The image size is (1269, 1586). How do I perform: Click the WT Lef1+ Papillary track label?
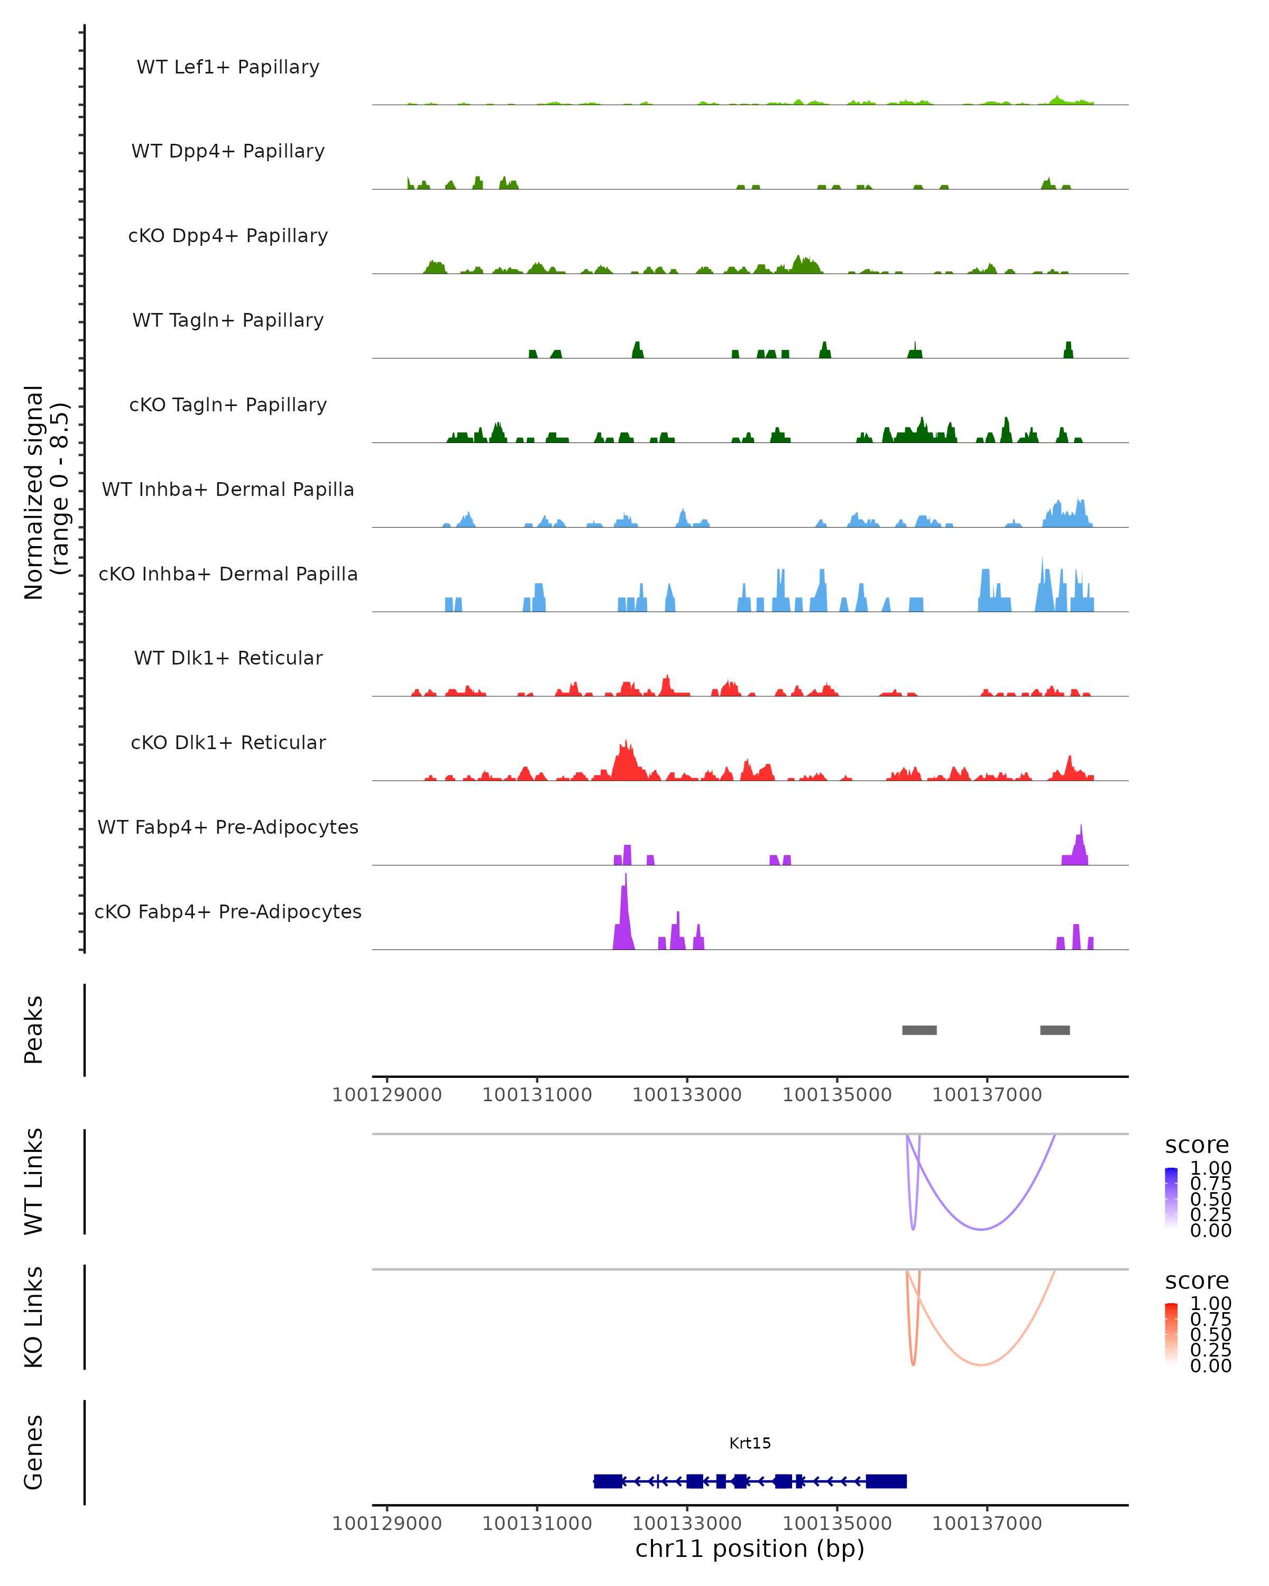pos(228,67)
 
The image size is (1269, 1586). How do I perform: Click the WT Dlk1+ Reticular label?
pos(228,658)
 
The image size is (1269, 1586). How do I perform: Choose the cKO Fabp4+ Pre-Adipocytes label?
pos(228,911)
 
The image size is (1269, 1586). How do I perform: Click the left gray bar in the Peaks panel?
pos(919,1030)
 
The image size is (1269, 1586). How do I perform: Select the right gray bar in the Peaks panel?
pos(1055,1030)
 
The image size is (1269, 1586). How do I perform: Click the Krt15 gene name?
pos(750,1443)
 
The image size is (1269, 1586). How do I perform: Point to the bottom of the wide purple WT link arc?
pos(981,1229)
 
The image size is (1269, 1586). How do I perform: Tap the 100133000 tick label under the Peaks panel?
pos(687,1095)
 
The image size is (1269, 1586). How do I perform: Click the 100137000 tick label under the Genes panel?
pos(987,1524)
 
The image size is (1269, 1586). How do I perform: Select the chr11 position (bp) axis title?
pos(750,1548)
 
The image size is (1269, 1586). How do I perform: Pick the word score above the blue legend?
pos(1197,1146)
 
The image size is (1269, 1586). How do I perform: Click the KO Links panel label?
pos(34,1317)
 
